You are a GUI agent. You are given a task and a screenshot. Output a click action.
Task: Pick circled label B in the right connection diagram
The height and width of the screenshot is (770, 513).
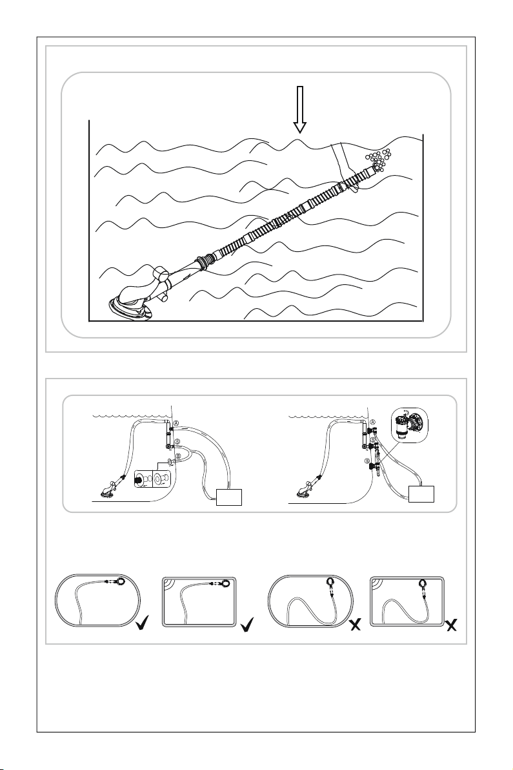click(x=367, y=461)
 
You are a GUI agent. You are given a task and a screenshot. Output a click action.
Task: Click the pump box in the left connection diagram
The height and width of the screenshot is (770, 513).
click(x=228, y=496)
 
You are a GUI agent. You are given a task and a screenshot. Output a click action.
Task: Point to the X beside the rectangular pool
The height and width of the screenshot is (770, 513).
click(x=452, y=625)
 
